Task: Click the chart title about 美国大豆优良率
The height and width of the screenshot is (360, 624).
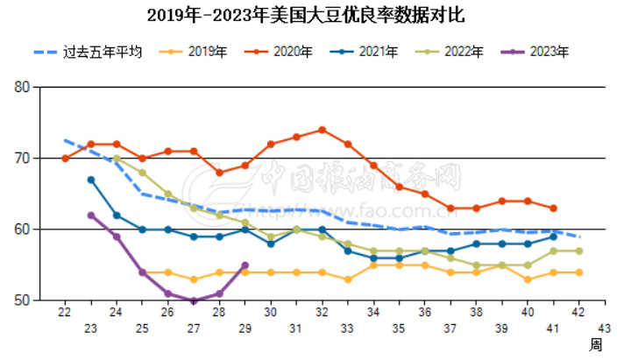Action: point(313,16)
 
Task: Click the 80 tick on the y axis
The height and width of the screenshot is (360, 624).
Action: point(23,88)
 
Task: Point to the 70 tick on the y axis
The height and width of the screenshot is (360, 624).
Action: point(23,159)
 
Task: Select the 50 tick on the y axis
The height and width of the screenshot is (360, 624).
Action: point(23,300)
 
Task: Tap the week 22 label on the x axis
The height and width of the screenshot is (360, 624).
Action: point(65,313)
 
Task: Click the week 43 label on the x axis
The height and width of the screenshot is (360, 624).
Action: point(604,313)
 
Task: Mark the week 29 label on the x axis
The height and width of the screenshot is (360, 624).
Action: point(245,328)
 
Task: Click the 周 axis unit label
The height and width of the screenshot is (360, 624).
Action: point(596,344)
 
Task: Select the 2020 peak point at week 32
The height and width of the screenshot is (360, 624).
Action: point(323,130)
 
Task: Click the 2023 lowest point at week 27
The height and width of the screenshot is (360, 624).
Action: point(194,300)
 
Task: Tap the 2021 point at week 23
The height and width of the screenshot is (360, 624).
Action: point(91,180)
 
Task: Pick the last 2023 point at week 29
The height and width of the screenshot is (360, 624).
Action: point(245,265)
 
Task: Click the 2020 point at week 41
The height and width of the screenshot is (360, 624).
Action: point(553,208)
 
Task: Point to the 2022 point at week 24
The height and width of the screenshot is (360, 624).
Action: point(117,159)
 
